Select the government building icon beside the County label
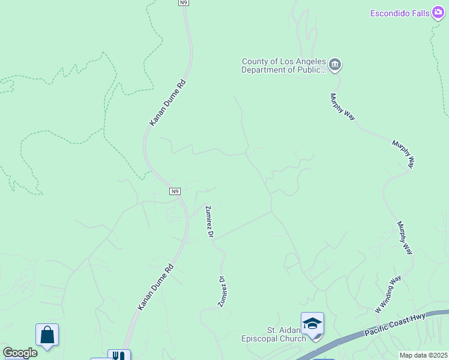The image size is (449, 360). click(x=335, y=64)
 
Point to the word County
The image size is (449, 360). click(x=256, y=61)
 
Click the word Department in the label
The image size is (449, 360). click(x=265, y=70)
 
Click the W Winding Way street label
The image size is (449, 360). click(x=388, y=295)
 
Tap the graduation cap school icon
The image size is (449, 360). click(x=312, y=324)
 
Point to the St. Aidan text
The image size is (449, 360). click(x=282, y=330)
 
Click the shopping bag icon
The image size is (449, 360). click(x=47, y=335)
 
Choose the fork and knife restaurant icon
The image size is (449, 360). click(x=119, y=356)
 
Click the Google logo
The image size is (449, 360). click(x=20, y=353)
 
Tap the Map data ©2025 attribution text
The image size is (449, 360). click(x=423, y=355)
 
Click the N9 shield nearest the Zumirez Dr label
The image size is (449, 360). click(x=174, y=191)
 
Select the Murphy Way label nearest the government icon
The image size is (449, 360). click(x=343, y=106)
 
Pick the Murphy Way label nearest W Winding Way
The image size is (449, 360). click(x=405, y=238)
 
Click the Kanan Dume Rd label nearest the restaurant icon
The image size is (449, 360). click(x=155, y=287)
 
